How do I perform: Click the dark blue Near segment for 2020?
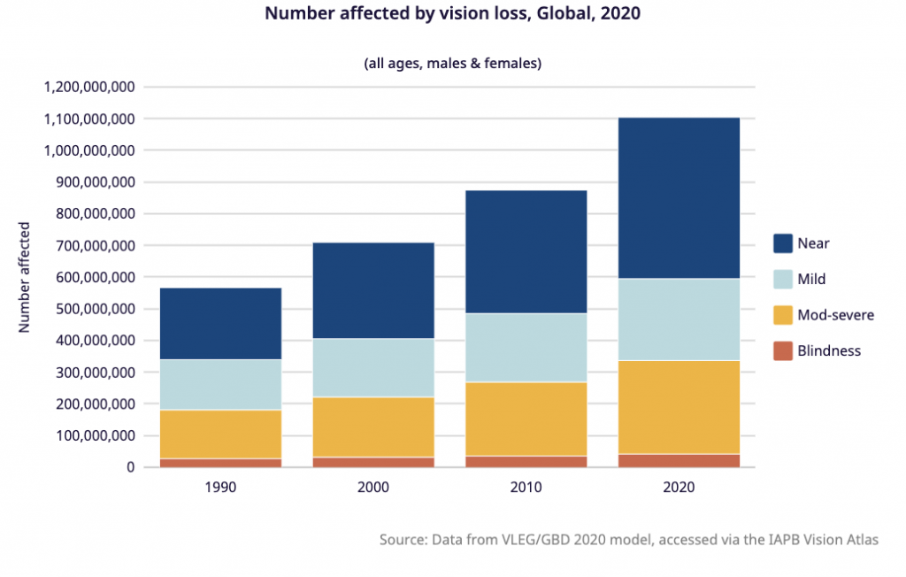click(679, 197)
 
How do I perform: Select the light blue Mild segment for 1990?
click(220, 384)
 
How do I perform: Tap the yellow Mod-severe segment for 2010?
click(526, 419)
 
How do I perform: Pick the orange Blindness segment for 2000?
click(373, 462)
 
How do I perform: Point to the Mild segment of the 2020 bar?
click(679, 319)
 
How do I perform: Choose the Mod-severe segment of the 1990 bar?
click(220, 434)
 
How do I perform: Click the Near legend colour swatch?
click(782, 243)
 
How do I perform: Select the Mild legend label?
click(811, 279)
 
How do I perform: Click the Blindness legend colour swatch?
click(782, 350)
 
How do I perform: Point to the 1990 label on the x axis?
click(220, 487)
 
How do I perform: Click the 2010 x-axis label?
click(526, 487)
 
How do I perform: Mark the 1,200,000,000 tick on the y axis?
click(88, 87)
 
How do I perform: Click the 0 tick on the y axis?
click(129, 467)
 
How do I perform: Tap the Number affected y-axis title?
click(25, 277)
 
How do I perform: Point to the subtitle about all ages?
click(452, 63)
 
